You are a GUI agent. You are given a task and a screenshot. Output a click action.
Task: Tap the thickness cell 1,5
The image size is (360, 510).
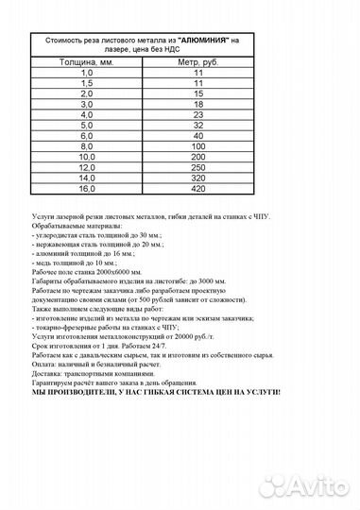point(88,84)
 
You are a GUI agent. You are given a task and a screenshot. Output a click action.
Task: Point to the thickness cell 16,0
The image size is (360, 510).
point(88,188)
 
